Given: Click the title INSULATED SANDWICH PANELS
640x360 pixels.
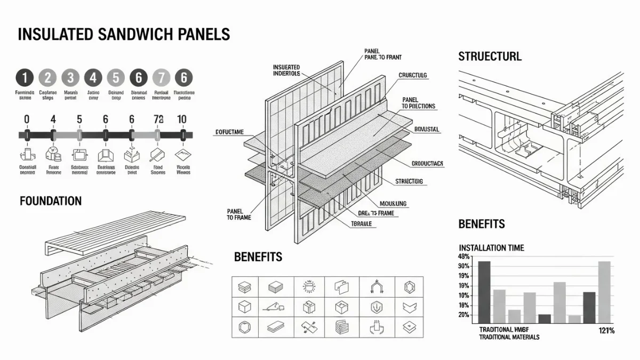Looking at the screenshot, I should (124, 34).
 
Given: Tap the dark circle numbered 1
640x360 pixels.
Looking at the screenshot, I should (25, 78).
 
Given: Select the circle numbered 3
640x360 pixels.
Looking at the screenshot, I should (70, 78).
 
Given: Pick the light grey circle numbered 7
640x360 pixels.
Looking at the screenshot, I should (161, 78).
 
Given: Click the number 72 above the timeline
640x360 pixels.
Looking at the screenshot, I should (157, 119).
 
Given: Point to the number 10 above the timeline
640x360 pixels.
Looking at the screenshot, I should (182, 119).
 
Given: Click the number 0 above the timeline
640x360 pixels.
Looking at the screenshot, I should (27, 119).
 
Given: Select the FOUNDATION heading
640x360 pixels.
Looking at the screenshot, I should (51, 201).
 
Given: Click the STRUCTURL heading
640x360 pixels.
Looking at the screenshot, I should (490, 56).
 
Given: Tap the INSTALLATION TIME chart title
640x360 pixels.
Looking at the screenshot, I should (491, 247).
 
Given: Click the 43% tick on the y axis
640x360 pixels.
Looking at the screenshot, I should (463, 257).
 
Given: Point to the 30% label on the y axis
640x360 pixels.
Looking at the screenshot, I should (463, 266).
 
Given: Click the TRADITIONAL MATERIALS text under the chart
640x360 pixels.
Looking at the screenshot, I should (509, 337).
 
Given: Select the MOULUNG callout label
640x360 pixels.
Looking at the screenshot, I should (393, 203).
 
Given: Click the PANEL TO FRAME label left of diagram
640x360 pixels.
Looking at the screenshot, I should (238, 214).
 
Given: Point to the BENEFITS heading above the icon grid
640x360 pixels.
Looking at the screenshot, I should (258, 257).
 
